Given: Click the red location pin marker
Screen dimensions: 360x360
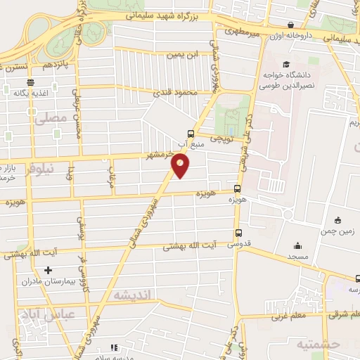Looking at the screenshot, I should tap(181, 165).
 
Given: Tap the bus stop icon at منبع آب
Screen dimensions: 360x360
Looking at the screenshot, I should tap(191, 134).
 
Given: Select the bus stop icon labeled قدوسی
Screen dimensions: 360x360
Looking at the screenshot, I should tap(238, 233).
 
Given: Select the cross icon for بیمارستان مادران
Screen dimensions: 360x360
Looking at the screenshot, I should tap(48, 270).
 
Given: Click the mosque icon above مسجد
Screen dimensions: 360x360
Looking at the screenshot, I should tap(298, 246).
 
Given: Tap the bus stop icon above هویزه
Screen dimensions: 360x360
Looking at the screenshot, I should tap(236, 188).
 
